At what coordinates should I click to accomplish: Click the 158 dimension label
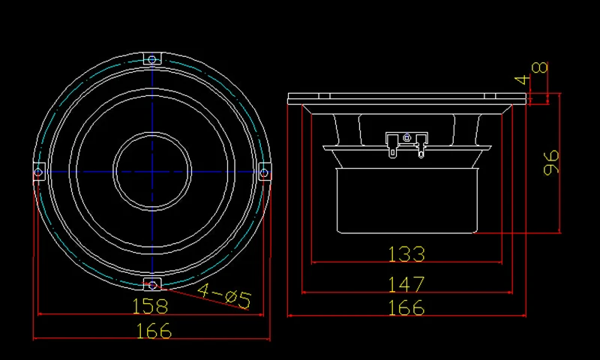pyautogui.click(x=150, y=306)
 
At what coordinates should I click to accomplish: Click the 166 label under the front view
pyautogui.click(x=154, y=331)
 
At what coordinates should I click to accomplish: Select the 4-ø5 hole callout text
pyautogui.click(x=224, y=295)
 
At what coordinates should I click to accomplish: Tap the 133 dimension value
pyautogui.click(x=406, y=254)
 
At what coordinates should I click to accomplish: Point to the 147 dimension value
pyautogui.click(x=406, y=284)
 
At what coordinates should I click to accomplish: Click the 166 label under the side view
pyautogui.click(x=406, y=307)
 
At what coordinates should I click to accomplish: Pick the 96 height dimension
pyautogui.click(x=551, y=163)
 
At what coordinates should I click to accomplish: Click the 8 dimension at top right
pyautogui.click(x=540, y=67)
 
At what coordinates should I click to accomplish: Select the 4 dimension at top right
pyautogui.click(x=522, y=80)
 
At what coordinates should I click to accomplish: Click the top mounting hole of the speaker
pyautogui.click(x=152, y=59)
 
